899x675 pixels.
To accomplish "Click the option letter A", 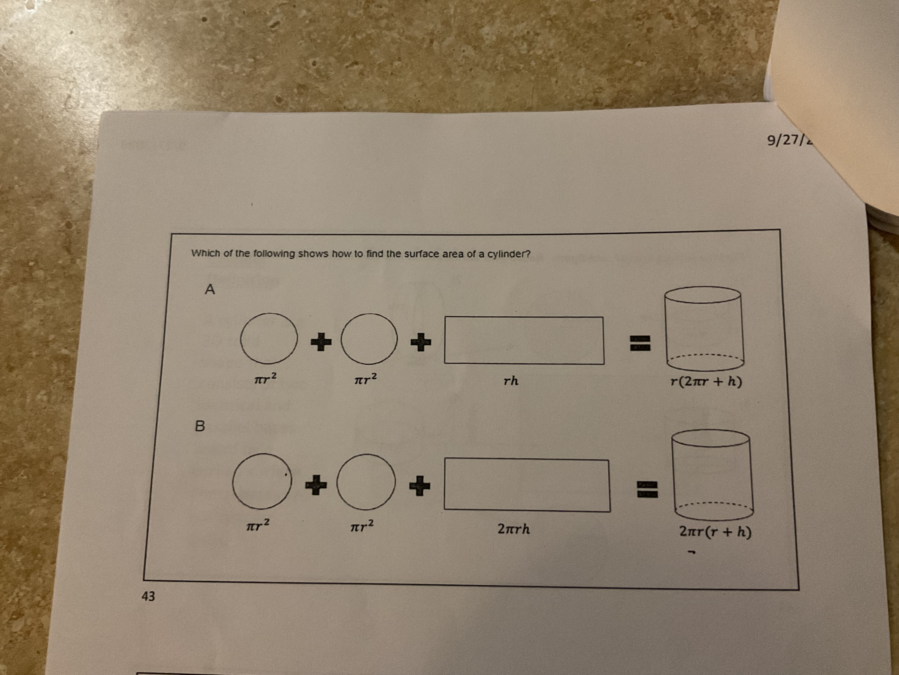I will point(210,290).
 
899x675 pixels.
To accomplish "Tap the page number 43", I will point(148,596).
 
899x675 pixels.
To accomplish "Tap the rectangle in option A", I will point(524,340).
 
